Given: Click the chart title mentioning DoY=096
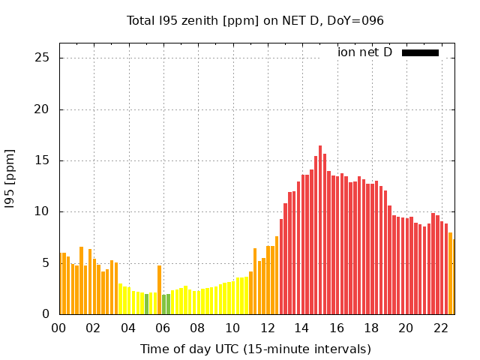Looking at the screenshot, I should click(x=255, y=20).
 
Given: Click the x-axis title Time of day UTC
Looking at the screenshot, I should click(x=255, y=349).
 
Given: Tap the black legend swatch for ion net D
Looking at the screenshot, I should click(x=420, y=52).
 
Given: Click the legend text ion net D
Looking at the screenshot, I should click(x=364, y=52).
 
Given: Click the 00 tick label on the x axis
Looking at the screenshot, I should click(x=59, y=328).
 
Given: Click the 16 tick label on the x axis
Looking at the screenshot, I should click(x=337, y=328).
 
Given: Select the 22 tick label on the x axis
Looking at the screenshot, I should click(x=441, y=328).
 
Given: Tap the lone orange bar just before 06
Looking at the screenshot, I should click(x=159, y=289).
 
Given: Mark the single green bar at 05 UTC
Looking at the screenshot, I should click(x=146, y=304).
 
